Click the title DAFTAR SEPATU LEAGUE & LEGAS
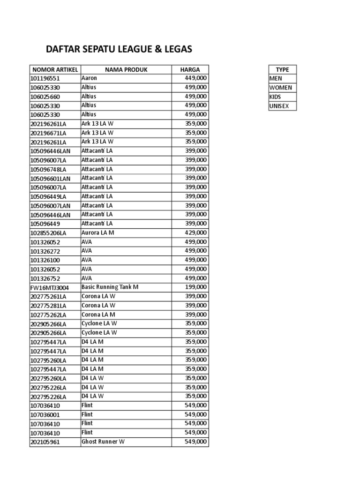pos(119,49)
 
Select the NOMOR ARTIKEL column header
pos(54,69)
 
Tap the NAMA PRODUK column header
pos(126,69)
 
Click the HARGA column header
pos(190,69)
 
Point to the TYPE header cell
pos(282,69)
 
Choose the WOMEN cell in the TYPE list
pos(280,88)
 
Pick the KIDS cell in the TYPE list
pos(275,97)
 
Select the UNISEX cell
pos(279,106)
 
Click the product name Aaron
pos(89,78)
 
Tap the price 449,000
pos(196,78)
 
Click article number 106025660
pos(45,97)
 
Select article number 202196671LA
pos(48,133)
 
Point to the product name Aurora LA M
pos(97,232)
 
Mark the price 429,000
pos(196,232)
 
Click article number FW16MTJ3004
pos(49,287)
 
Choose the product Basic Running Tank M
pos(110,287)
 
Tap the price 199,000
pos(196,287)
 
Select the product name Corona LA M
pos(98,314)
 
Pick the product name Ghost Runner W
pos(103,442)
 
